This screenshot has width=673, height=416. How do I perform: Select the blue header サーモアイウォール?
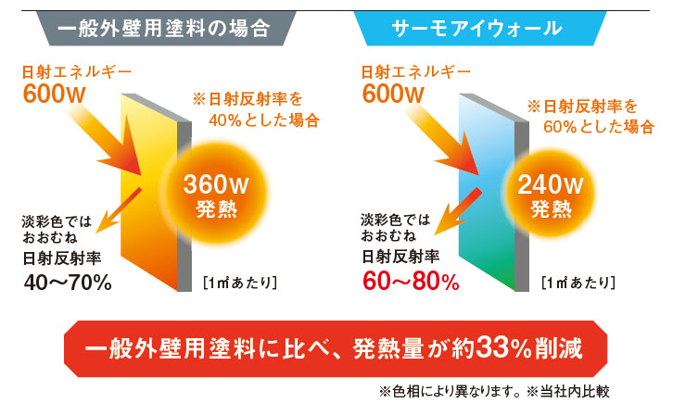point(480,29)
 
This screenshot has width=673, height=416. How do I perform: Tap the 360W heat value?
point(216,184)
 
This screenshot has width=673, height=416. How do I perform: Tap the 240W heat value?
point(551,184)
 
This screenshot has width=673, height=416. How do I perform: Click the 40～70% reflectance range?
point(68,283)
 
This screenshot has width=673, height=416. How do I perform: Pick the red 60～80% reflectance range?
point(411,282)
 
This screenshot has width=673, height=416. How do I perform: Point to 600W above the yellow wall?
point(54,94)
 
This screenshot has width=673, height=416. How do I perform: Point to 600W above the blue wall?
point(393,94)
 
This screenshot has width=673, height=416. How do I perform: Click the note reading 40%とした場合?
point(264,120)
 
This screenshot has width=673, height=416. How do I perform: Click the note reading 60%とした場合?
point(599,127)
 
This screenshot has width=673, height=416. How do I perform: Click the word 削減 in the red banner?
point(558,347)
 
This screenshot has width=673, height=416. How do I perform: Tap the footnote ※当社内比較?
point(568,391)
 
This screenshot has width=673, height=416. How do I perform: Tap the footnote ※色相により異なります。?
point(451,391)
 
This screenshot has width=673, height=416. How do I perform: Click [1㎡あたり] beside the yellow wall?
point(240,283)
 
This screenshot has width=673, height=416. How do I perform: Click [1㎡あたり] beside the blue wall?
point(578,283)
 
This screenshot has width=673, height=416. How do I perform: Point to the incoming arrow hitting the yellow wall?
point(108,142)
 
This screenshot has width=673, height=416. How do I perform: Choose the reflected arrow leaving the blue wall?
point(458,211)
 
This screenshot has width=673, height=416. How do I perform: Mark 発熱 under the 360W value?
point(216,209)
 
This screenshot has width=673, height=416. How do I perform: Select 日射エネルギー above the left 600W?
point(76,72)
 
